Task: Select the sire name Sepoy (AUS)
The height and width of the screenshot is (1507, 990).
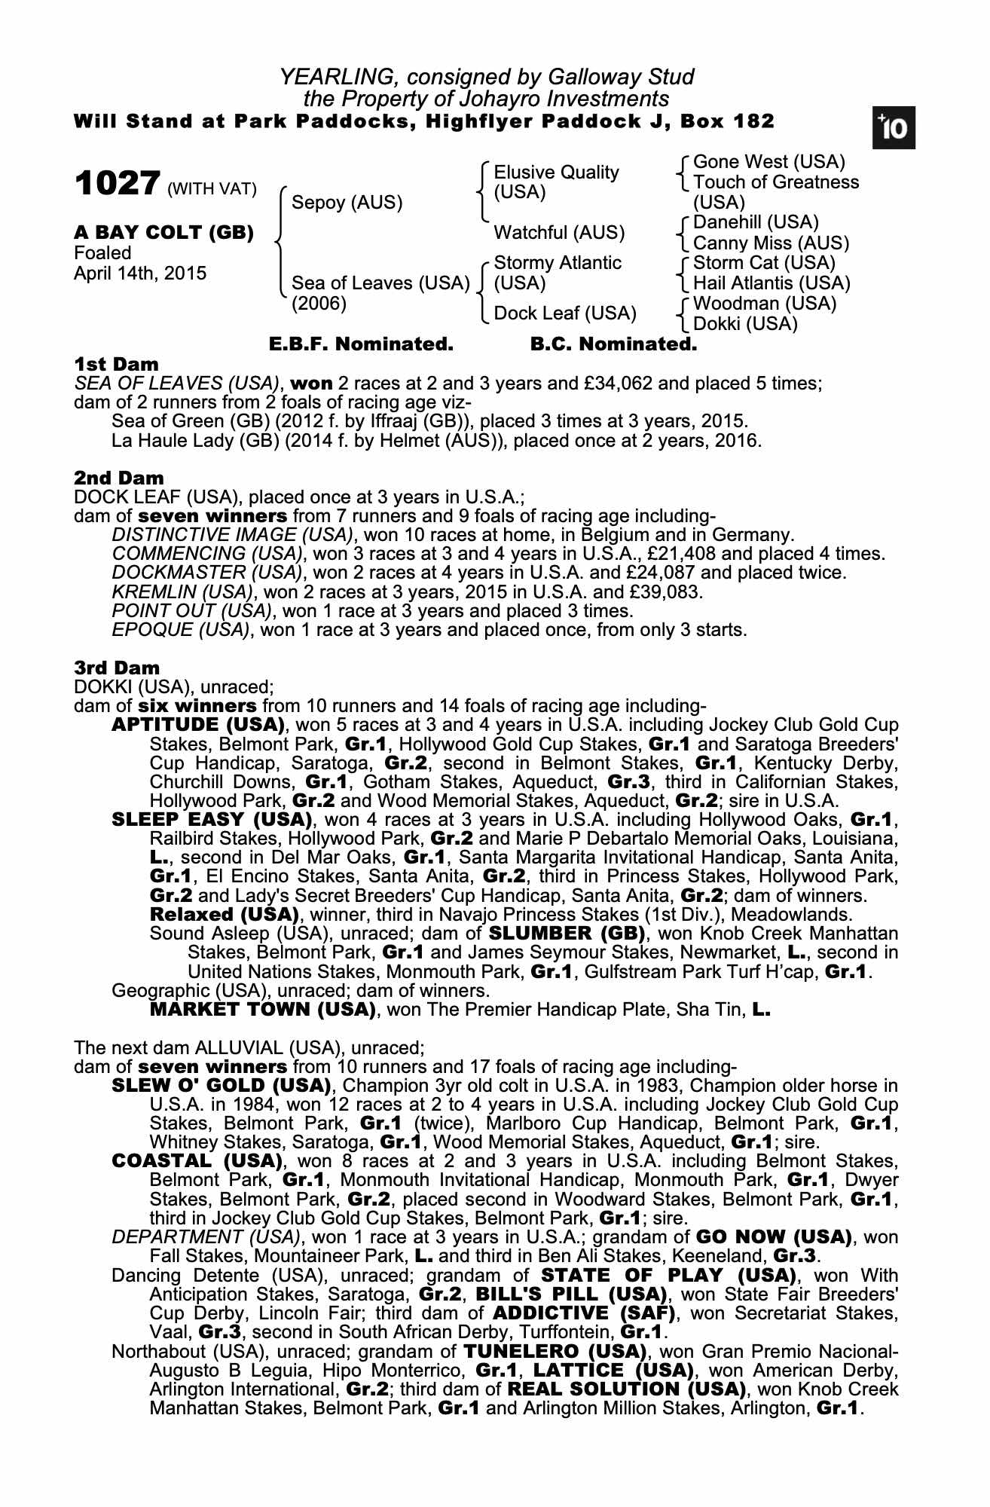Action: (347, 202)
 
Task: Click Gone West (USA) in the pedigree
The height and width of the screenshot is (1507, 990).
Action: (768, 162)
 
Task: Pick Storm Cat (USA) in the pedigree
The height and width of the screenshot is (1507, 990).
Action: (764, 263)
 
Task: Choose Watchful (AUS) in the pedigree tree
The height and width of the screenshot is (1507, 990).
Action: (559, 232)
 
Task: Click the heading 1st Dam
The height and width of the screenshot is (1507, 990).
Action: (117, 365)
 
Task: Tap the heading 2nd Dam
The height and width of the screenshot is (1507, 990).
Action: (119, 478)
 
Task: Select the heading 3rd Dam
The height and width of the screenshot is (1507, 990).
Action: (118, 668)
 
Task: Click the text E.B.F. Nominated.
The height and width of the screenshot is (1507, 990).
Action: (361, 344)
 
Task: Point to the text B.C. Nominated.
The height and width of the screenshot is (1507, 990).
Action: (613, 344)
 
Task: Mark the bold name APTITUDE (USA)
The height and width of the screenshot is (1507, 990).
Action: (198, 725)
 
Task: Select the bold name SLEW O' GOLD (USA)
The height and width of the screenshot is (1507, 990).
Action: (222, 1086)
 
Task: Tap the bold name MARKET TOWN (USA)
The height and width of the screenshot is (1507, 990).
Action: (263, 1009)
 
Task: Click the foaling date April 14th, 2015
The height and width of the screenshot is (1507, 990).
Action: (140, 273)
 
